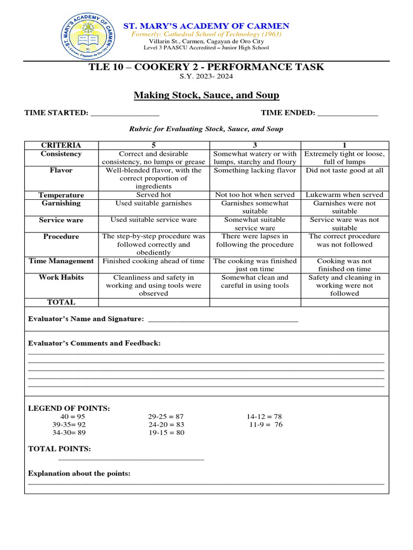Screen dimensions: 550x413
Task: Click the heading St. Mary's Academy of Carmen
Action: click(x=206, y=26)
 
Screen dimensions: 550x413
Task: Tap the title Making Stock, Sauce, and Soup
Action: click(x=206, y=95)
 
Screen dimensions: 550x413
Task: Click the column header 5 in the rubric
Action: click(x=153, y=145)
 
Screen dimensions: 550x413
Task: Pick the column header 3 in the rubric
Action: click(x=255, y=145)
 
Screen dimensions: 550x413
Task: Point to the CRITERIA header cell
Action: click(x=61, y=145)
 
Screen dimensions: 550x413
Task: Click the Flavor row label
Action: click(x=61, y=170)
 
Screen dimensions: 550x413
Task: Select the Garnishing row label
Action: click(x=61, y=203)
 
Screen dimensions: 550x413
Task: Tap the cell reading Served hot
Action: click(x=153, y=195)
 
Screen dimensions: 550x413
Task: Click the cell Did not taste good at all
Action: click(x=345, y=170)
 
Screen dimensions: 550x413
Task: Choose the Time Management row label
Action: click(x=61, y=261)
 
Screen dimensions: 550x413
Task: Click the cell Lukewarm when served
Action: click(x=345, y=195)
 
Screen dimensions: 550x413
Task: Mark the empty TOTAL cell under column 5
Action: click(x=153, y=302)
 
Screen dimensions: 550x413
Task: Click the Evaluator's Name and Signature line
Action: click(x=222, y=321)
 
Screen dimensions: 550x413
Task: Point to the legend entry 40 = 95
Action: click(x=69, y=416)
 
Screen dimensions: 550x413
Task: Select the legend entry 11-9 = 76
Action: click(x=265, y=424)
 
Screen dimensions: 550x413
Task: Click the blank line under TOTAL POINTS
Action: click(x=131, y=459)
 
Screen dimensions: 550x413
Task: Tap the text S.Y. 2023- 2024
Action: click(x=206, y=77)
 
